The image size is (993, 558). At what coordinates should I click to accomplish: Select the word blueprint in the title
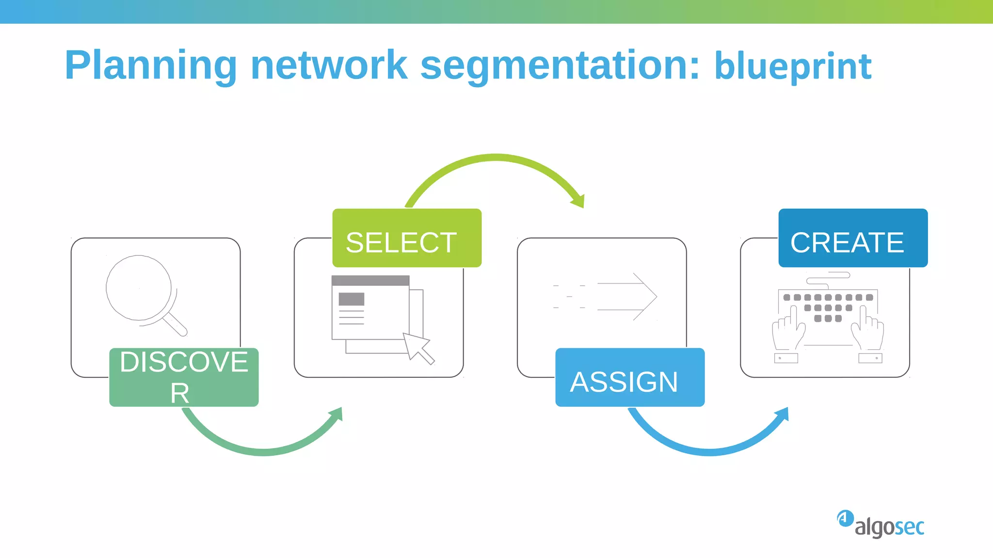(x=793, y=66)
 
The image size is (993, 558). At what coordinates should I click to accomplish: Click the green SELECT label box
(x=407, y=238)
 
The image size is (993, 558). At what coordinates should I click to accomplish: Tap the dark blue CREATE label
(x=853, y=238)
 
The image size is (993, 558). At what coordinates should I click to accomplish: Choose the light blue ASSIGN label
(x=630, y=377)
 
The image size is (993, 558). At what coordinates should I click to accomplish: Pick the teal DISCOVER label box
(x=184, y=377)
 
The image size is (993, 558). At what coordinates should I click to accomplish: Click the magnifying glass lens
(x=139, y=288)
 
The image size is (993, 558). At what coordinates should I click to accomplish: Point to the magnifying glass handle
(x=176, y=325)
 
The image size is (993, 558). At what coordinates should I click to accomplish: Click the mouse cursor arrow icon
(x=417, y=347)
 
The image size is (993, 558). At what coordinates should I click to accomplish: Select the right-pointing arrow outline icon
(x=628, y=296)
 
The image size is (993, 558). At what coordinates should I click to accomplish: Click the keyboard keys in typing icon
(x=828, y=307)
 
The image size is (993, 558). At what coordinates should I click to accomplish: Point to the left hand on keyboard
(x=787, y=331)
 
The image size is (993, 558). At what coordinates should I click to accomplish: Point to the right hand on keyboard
(x=868, y=331)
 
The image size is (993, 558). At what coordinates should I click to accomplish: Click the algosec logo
(x=881, y=524)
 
